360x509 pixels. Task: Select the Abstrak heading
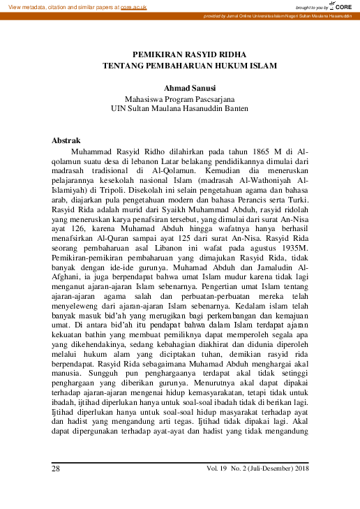pos(66,140)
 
